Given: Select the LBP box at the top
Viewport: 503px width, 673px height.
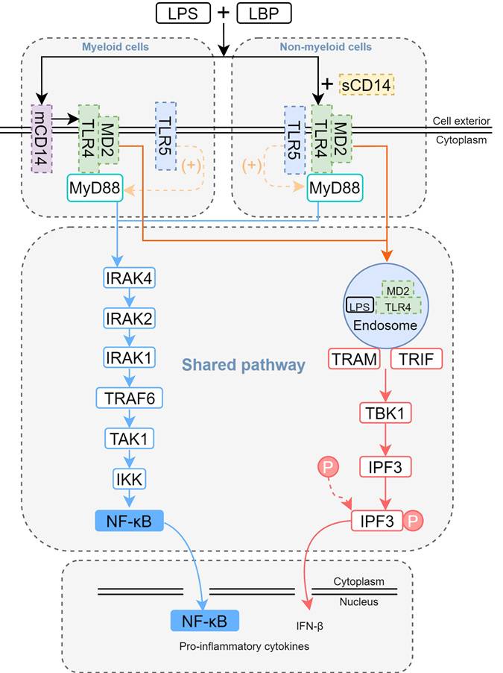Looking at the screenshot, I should point(264,13).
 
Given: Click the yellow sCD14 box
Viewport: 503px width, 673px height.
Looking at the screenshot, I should point(366,84).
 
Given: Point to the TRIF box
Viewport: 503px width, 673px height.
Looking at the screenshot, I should point(416,360).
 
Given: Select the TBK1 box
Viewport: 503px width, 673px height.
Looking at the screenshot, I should point(385,413).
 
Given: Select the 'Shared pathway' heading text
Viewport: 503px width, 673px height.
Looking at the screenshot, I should point(244,366).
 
